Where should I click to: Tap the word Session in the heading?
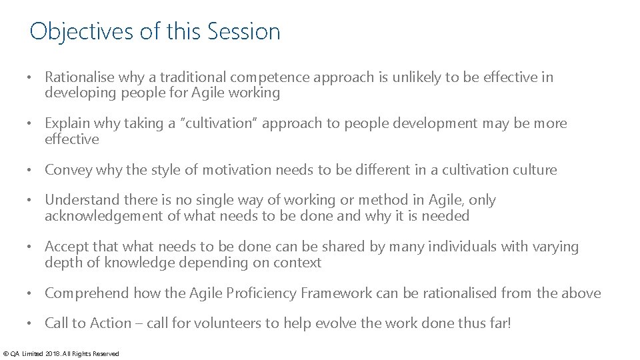click(244, 31)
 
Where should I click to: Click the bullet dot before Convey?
click(31, 170)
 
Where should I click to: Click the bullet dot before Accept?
click(31, 247)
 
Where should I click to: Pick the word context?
click(297, 263)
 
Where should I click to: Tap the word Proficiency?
click(261, 293)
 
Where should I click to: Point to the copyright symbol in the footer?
click(6, 353)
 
